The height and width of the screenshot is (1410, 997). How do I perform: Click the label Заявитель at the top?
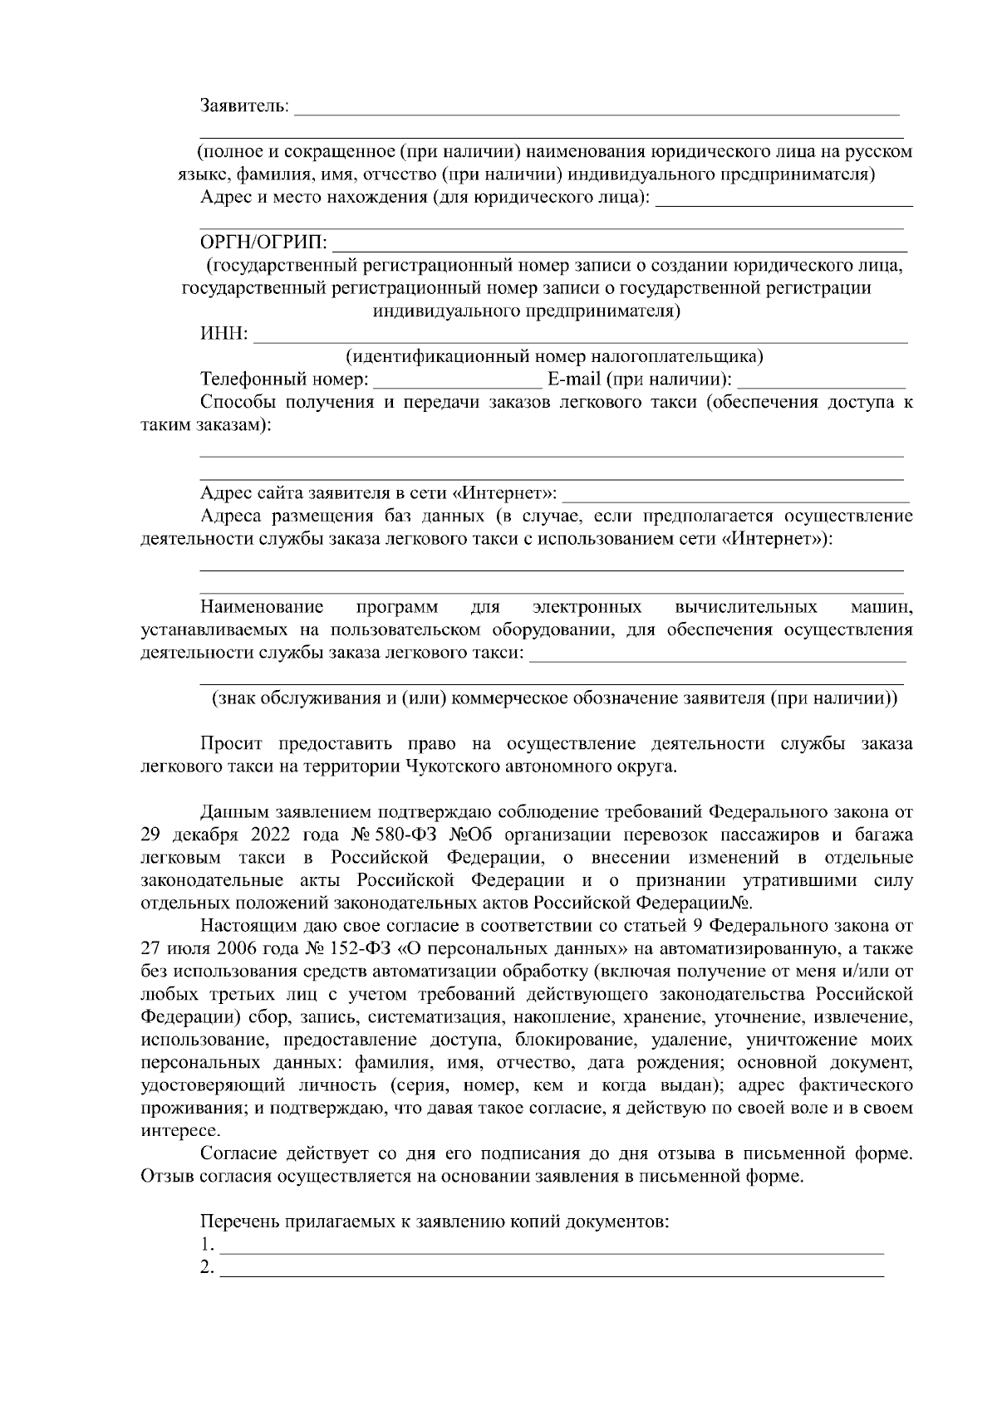tap(244, 106)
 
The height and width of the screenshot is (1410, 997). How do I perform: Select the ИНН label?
tap(223, 335)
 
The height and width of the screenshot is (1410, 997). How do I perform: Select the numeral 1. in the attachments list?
tap(207, 1246)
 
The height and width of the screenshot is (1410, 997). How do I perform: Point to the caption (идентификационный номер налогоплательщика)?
tap(554, 357)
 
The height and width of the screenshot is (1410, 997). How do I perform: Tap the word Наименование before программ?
tap(262, 607)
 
